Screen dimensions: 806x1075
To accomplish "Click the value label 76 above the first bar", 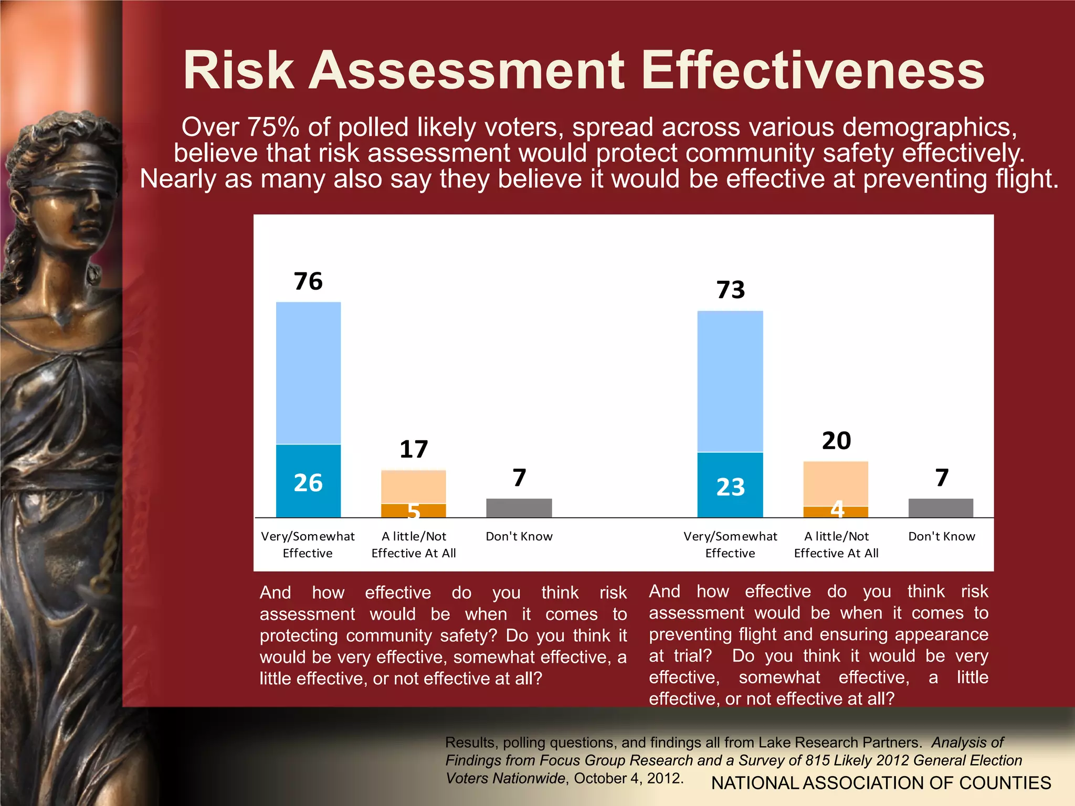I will [308, 281].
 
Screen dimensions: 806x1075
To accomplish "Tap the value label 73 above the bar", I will [730, 290].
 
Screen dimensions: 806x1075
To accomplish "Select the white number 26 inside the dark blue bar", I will [308, 483].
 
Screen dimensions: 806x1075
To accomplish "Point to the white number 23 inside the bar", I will [730, 487].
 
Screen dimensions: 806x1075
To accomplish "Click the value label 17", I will [414, 449].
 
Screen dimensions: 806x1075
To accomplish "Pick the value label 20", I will [836, 440].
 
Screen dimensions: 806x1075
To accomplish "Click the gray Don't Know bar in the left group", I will [519, 507].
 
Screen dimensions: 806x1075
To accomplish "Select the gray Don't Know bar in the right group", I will [941, 507].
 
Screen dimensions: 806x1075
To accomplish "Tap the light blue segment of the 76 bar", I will [308, 373].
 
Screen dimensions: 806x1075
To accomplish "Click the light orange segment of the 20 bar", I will [836, 483].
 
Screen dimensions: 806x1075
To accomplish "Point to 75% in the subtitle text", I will [273, 128].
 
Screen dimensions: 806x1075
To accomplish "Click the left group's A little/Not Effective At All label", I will [414, 544].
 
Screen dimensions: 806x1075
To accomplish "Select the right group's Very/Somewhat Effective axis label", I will [730, 544].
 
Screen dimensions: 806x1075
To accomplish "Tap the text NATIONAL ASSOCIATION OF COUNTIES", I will [881, 783].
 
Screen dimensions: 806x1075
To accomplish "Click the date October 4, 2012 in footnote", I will [628, 778].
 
